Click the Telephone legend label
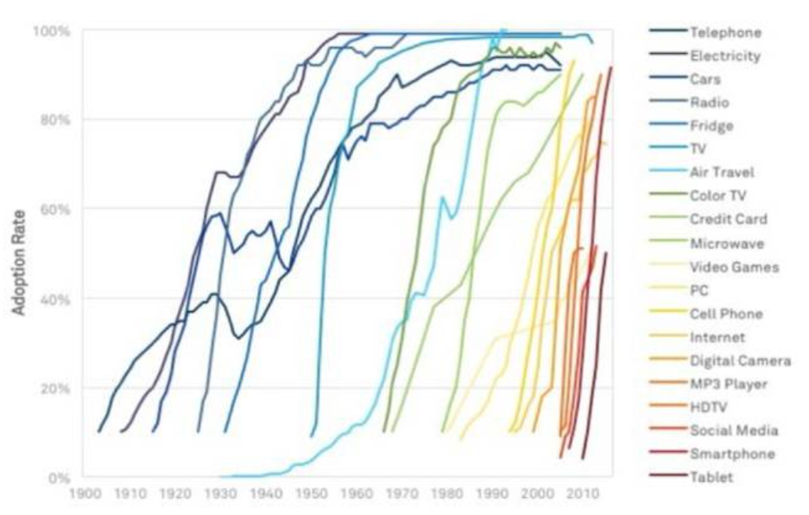point(725,33)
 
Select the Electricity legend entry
point(725,56)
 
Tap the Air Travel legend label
point(722,173)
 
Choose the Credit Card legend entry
point(728,220)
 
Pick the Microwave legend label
point(727,244)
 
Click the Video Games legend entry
point(734,267)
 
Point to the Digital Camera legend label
point(739,361)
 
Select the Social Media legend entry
point(733,431)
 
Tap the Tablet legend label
point(711,477)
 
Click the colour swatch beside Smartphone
point(666,454)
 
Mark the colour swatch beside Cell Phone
point(666,314)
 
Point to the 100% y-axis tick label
point(52,31)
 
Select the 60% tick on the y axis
point(55,209)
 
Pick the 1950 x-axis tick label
point(311,495)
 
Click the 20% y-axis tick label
point(55,388)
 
